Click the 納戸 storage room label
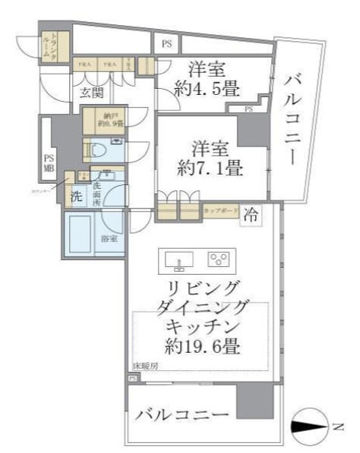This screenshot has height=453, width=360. click(103, 119)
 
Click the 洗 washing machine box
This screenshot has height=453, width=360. click(75, 196)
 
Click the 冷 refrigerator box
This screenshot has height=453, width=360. click(249, 215)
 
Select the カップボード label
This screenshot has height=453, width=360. click(221, 210)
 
